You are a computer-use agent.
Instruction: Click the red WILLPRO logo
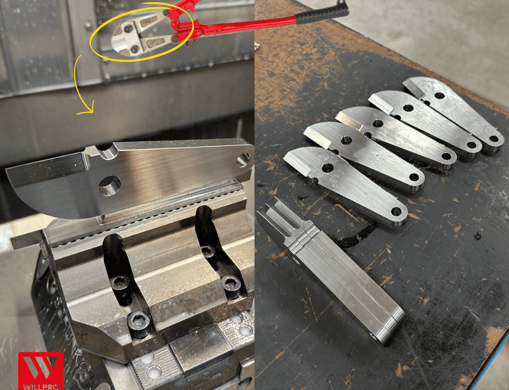pyautogui.click(x=41, y=371)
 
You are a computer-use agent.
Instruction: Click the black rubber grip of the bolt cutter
pyautogui.click(x=321, y=14)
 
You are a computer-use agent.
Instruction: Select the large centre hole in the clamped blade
pyautogui.click(x=110, y=185)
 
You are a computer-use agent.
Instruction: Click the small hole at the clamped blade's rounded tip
pyautogui.click(x=243, y=160)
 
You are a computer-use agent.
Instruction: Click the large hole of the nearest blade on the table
pyautogui.click(x=327, y=168)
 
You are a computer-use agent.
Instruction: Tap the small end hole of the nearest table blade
pyautogui.click(x=396, y=212)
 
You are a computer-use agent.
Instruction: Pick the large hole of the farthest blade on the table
pyautogui.click(x=439, y=96)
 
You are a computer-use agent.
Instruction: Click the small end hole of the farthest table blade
pyautogui.click(x=494, y=139)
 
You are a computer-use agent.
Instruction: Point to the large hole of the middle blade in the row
pyautogui.click(x=377, y=123)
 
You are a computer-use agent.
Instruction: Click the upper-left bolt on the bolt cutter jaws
pyautogui.click(x=128, y=29)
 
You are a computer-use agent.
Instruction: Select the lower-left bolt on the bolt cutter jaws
pyautogui.click(x=134, y=49)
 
